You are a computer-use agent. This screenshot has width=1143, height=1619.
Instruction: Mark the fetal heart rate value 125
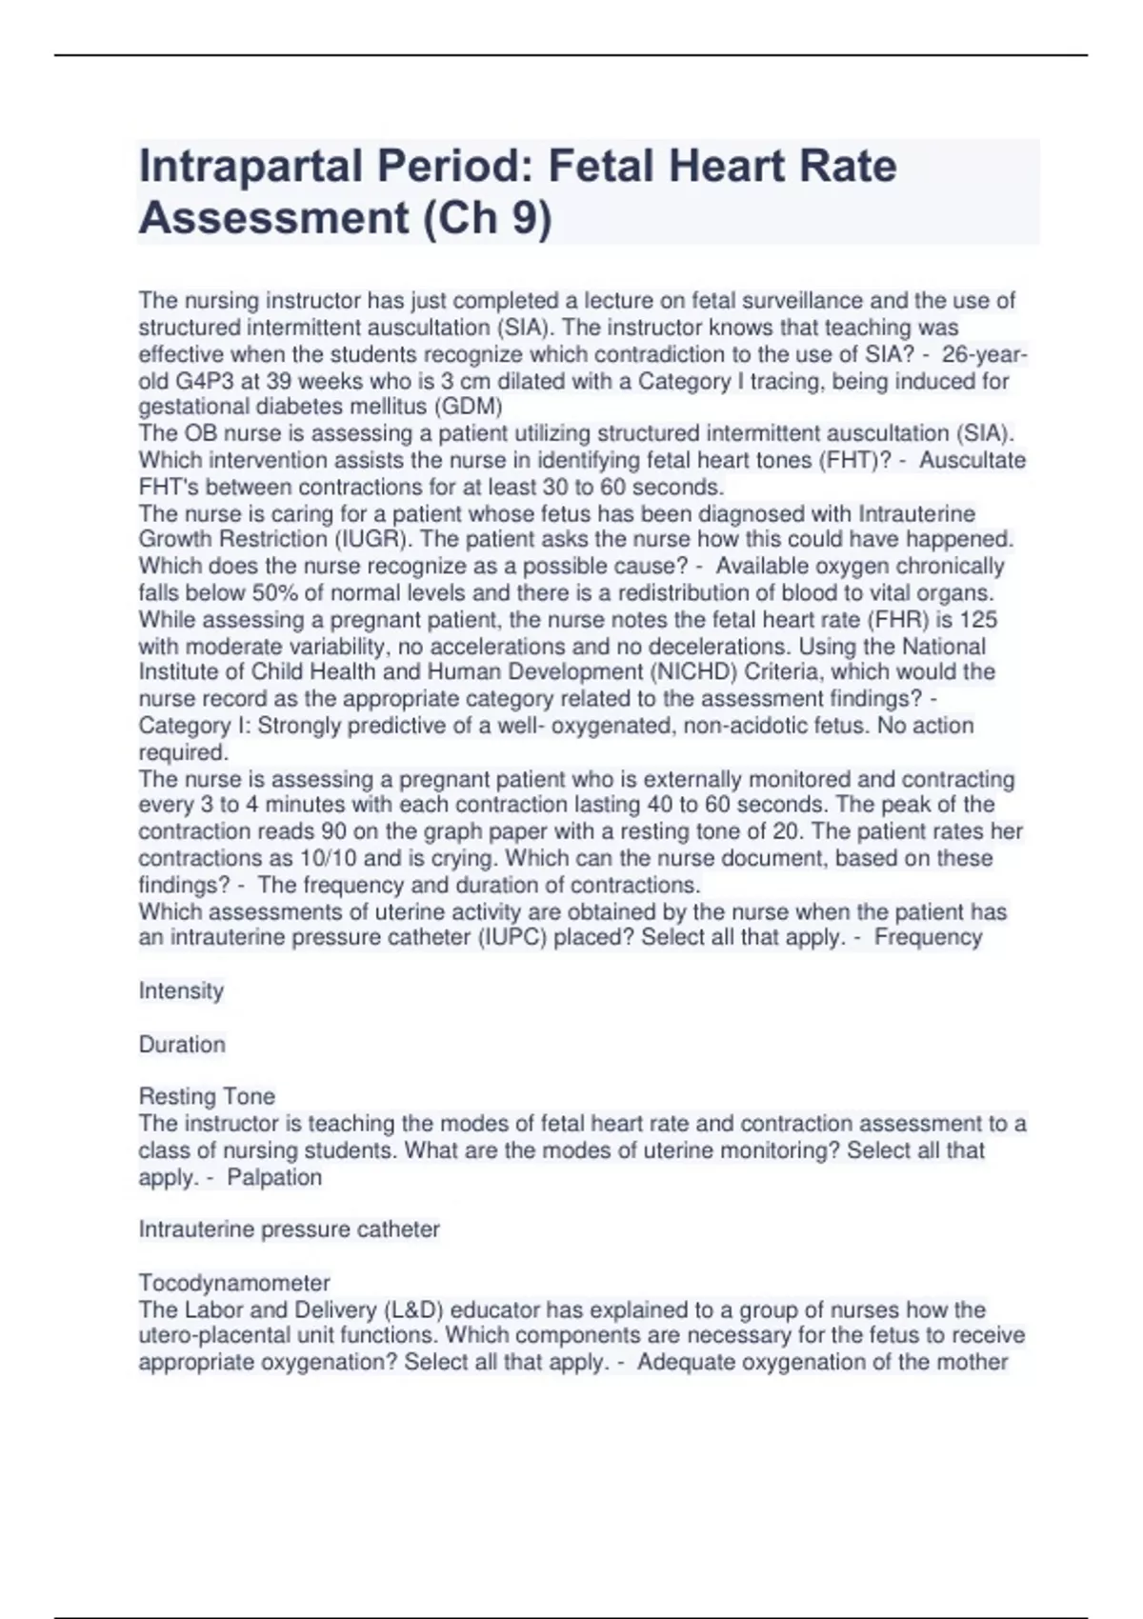978,619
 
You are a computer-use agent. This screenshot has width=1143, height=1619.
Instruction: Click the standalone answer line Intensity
181,990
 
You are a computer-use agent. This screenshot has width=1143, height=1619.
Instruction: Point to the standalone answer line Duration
182,1044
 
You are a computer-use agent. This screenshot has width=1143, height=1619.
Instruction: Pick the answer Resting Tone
207,1096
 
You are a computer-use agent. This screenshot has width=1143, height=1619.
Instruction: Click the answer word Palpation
274,1177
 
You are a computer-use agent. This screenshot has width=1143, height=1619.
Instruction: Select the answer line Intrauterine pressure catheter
289,1229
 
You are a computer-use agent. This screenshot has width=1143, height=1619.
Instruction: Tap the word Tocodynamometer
234,1283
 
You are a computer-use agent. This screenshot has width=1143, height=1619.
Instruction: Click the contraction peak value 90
333,831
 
